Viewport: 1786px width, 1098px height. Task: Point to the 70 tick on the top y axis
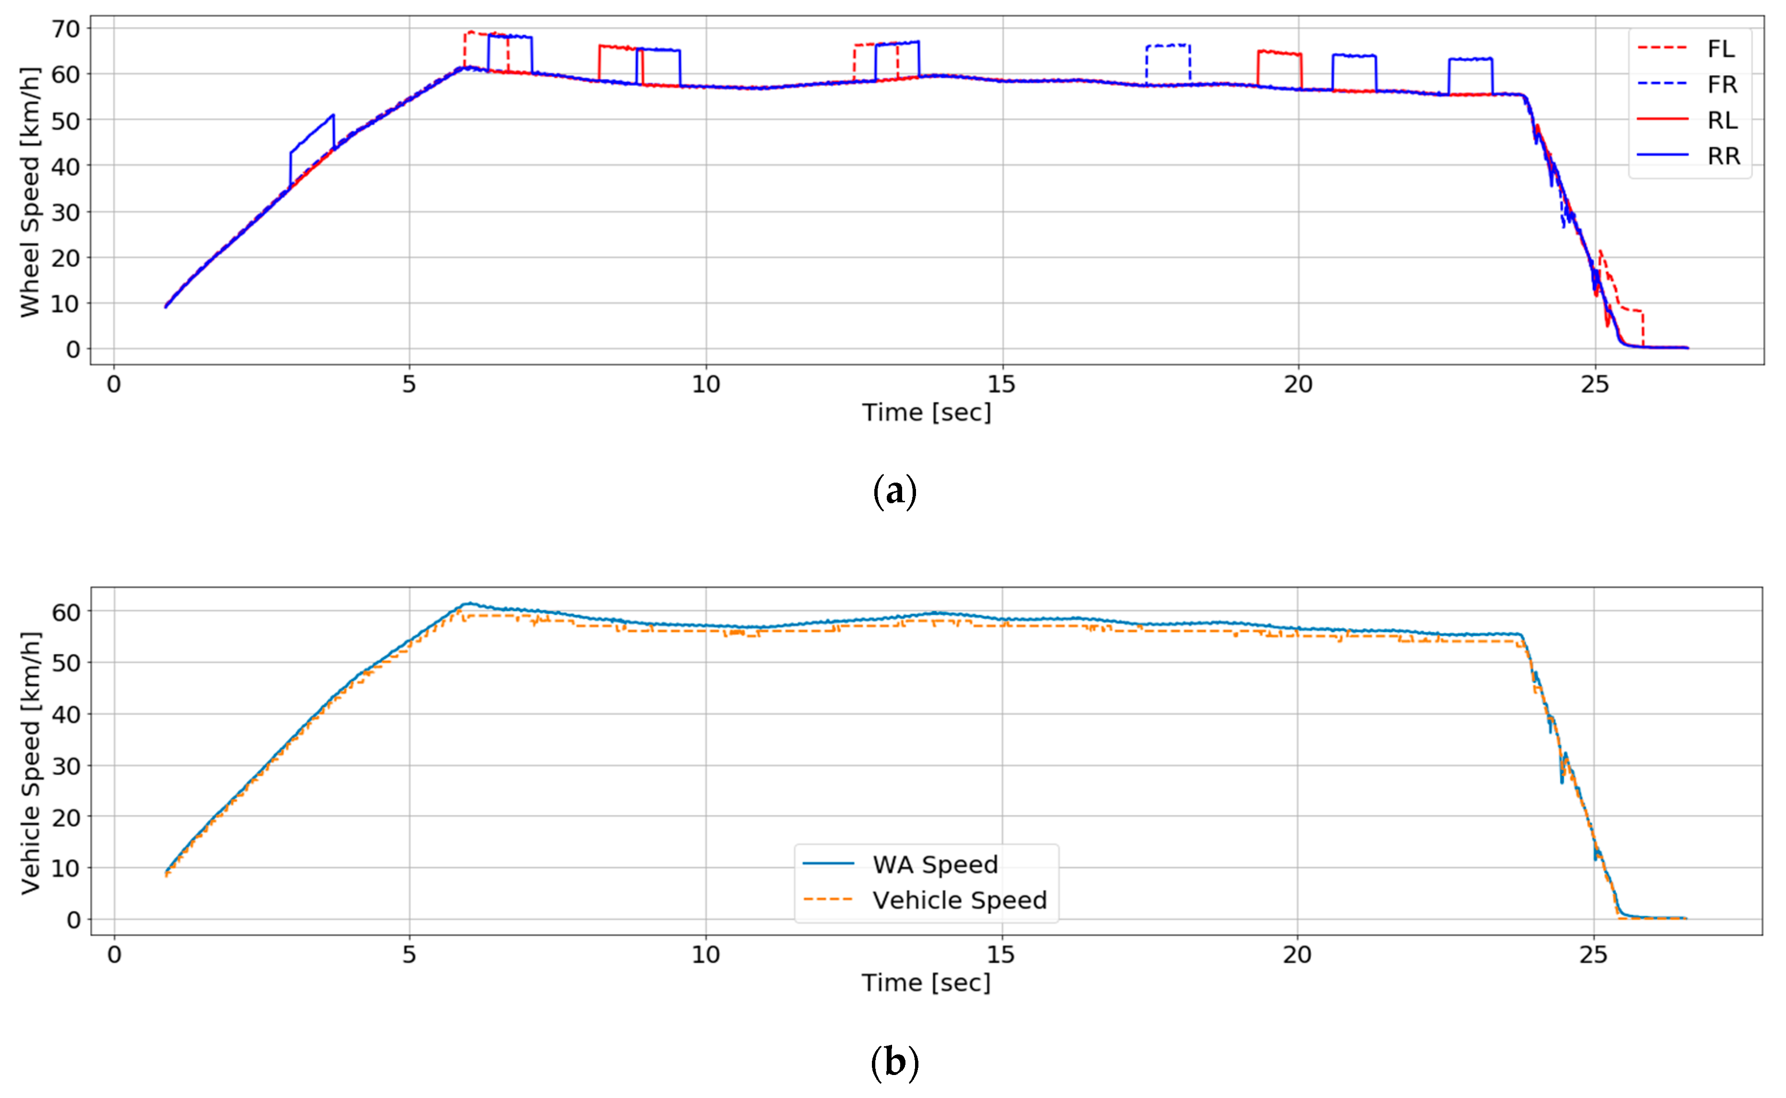65,29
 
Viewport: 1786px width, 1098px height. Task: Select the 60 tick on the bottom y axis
65,612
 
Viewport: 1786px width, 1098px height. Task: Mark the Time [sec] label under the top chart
926,413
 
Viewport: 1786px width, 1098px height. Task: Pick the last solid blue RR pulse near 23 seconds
1470,59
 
